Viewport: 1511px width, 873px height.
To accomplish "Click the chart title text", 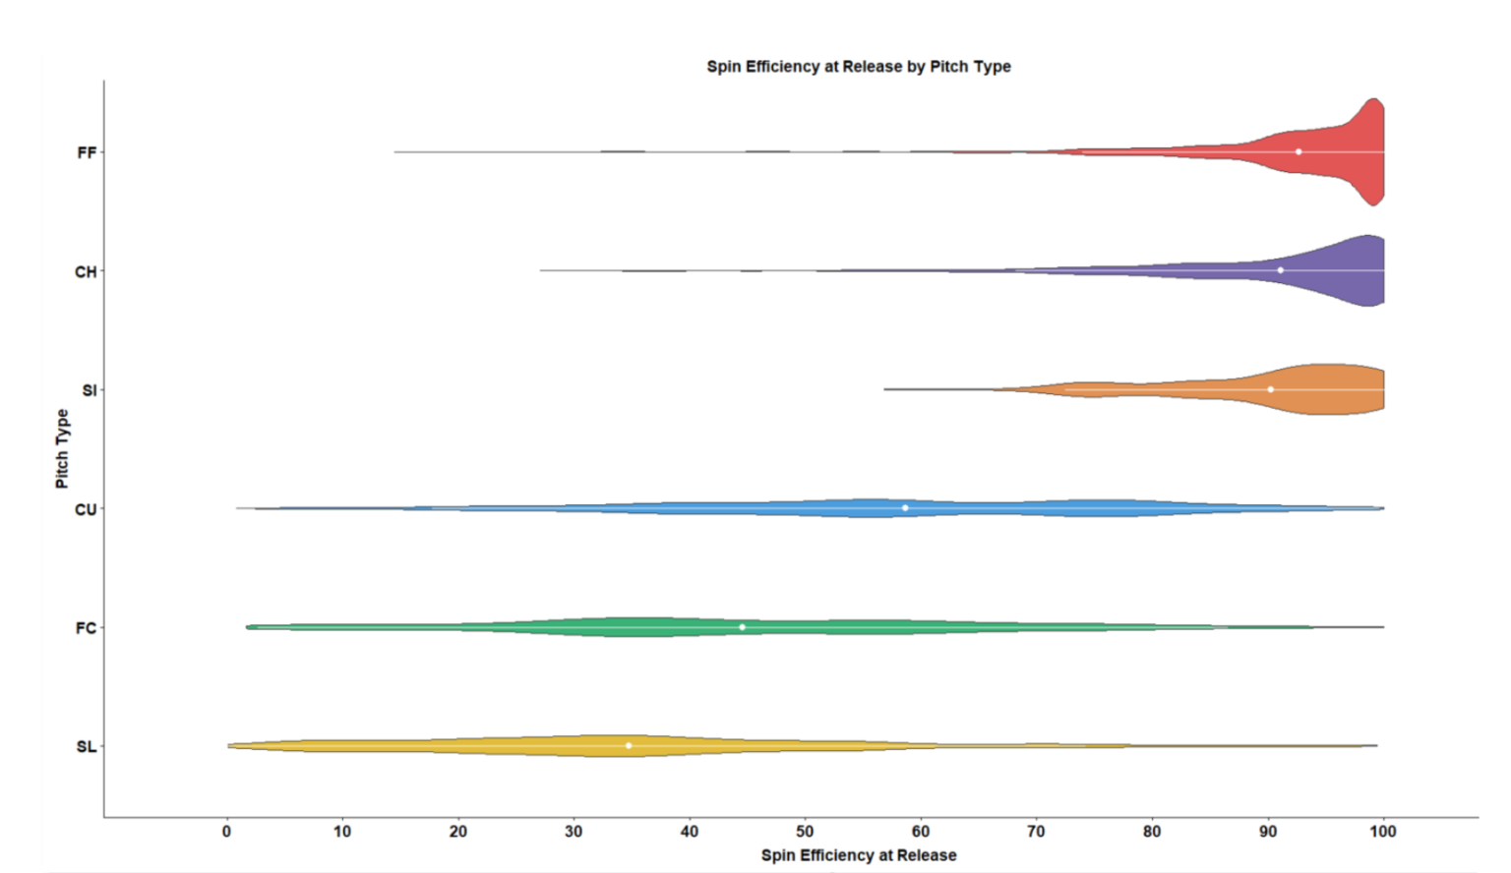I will coord(858,67).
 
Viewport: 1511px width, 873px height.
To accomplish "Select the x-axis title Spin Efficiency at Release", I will coord(858,855).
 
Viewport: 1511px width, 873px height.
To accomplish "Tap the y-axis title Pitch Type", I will coord(62,449).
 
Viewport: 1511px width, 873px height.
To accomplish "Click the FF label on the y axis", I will coord(87,152).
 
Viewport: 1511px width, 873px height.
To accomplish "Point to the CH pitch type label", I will coord(86,271).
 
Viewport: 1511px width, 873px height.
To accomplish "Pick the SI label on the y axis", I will coord(89,390).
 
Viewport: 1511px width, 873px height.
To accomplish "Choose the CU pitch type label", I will coord(86,509).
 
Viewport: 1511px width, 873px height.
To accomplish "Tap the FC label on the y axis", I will coord(86,628).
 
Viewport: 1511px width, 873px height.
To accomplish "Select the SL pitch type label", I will coord(87,747).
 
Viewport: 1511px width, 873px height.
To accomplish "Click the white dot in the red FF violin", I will coord(1299,151).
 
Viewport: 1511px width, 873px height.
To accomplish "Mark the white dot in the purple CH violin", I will coord(1280,270).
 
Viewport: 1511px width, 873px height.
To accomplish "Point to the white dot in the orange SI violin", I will coord(1270,389).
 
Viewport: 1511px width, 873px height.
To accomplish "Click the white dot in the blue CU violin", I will coord(905,508).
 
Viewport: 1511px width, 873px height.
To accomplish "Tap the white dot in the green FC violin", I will coord(742,627).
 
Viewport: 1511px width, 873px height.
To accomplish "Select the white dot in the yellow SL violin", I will coord(629,746).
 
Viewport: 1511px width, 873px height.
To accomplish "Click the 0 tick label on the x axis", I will coord(226,832).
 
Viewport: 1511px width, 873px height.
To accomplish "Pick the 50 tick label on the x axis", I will coord(805,832).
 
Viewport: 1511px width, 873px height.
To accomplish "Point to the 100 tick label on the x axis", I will coord(1382,832).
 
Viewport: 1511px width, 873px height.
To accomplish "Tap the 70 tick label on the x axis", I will coord(1036,832).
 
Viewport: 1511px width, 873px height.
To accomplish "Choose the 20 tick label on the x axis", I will coord(457,832).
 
